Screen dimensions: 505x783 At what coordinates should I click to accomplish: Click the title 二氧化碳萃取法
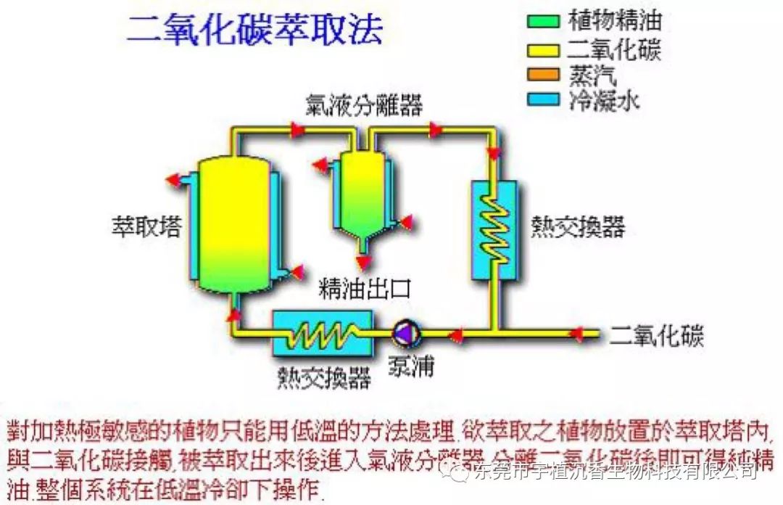pyautogui.click(x=254, y=30)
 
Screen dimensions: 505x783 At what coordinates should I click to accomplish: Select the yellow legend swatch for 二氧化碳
pyautogui.click(x=543, y=49)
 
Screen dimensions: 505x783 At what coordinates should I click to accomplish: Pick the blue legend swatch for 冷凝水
pyautogui.click(x=543, y=99)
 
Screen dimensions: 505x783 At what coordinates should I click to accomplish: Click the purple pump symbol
pyautogui.click(x=402, y=333)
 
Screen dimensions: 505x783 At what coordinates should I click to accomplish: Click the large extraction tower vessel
pyautogui.click(x=234, y=221)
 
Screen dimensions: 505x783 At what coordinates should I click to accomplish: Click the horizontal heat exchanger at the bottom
pyautogui.click(x=322, y=334)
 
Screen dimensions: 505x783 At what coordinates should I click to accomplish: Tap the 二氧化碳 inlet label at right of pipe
pyautogui.click(x=657, y=335)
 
